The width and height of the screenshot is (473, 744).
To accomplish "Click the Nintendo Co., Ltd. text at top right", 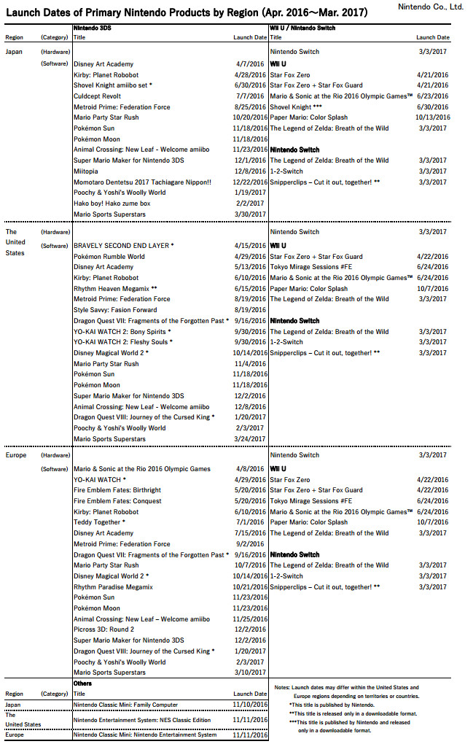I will pyautogui.click(x=431, y=7).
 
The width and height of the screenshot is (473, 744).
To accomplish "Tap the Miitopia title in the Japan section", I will pyautogui.click(x=87, y=171).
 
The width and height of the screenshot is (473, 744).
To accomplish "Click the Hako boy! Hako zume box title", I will pyautogui.click(x=112, y=204).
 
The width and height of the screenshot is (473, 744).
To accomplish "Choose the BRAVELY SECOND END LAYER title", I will pyautogui.click(x=123, y=246).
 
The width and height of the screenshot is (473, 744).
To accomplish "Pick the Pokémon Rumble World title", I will pyautogui.click(x=109, y=257).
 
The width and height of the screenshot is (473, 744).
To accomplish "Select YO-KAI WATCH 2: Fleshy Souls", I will pyautogui.click(x=122, y=342).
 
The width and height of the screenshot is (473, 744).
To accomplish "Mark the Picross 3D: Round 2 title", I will pyautogui.click(x=104, y=629).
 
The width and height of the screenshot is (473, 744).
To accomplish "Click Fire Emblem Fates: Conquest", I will pyautogui.click(x=117, y=501).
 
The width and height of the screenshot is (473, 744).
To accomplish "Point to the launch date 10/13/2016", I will pyautogui.click(x=433, y=117).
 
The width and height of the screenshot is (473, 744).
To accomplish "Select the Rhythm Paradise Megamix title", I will pyautogui.click(x=114, y=587).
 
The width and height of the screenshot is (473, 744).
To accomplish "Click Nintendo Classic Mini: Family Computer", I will pyautogui.click(x=136, y=705).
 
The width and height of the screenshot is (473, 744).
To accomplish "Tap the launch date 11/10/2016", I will pyautogui.click(x=250, y=705).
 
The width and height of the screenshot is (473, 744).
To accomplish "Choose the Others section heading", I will pyautogui.click(x=82, y=683).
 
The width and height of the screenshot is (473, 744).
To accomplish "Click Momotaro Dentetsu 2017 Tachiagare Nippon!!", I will pyautogui.click(x=142, y=182).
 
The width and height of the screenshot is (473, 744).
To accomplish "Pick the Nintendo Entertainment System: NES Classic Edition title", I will pyautogui.click(x=143, y=720).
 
